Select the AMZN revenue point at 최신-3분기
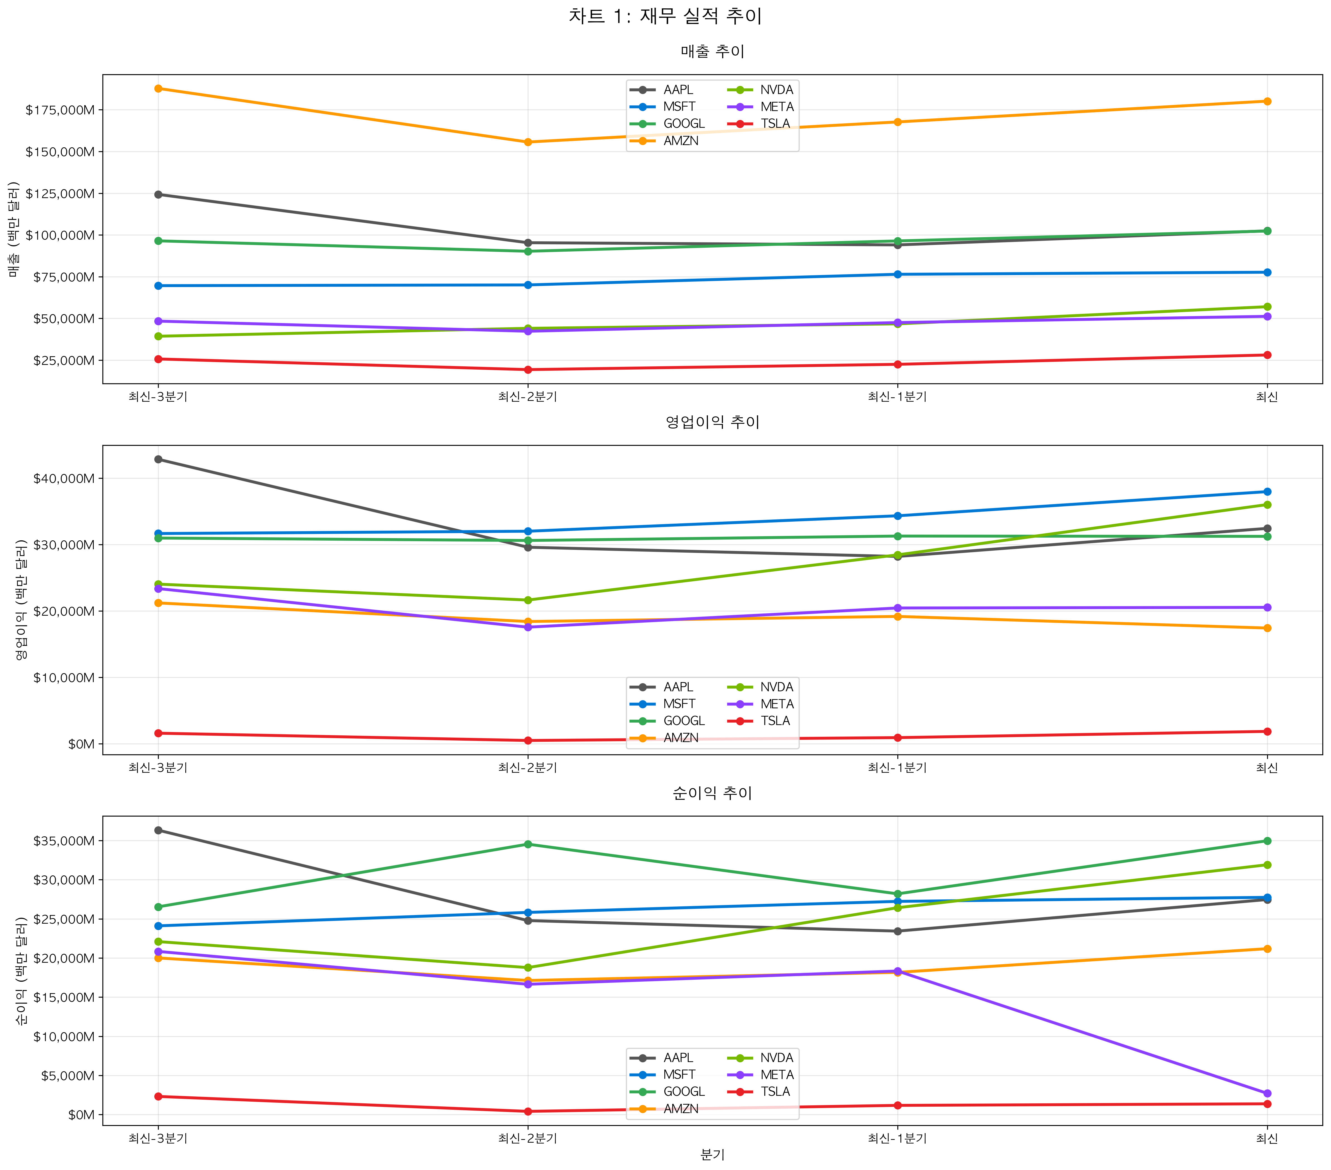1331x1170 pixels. tap(158, 88)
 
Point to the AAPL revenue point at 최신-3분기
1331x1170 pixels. tap(158, 195)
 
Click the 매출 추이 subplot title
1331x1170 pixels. tap(712, 51)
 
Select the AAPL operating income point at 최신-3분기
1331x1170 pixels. tap(158, 459)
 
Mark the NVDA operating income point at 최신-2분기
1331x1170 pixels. tap(528, 600)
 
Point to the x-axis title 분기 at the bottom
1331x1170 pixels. tap(712, 1154)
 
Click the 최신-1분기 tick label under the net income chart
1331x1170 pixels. tap(897, 1138)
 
